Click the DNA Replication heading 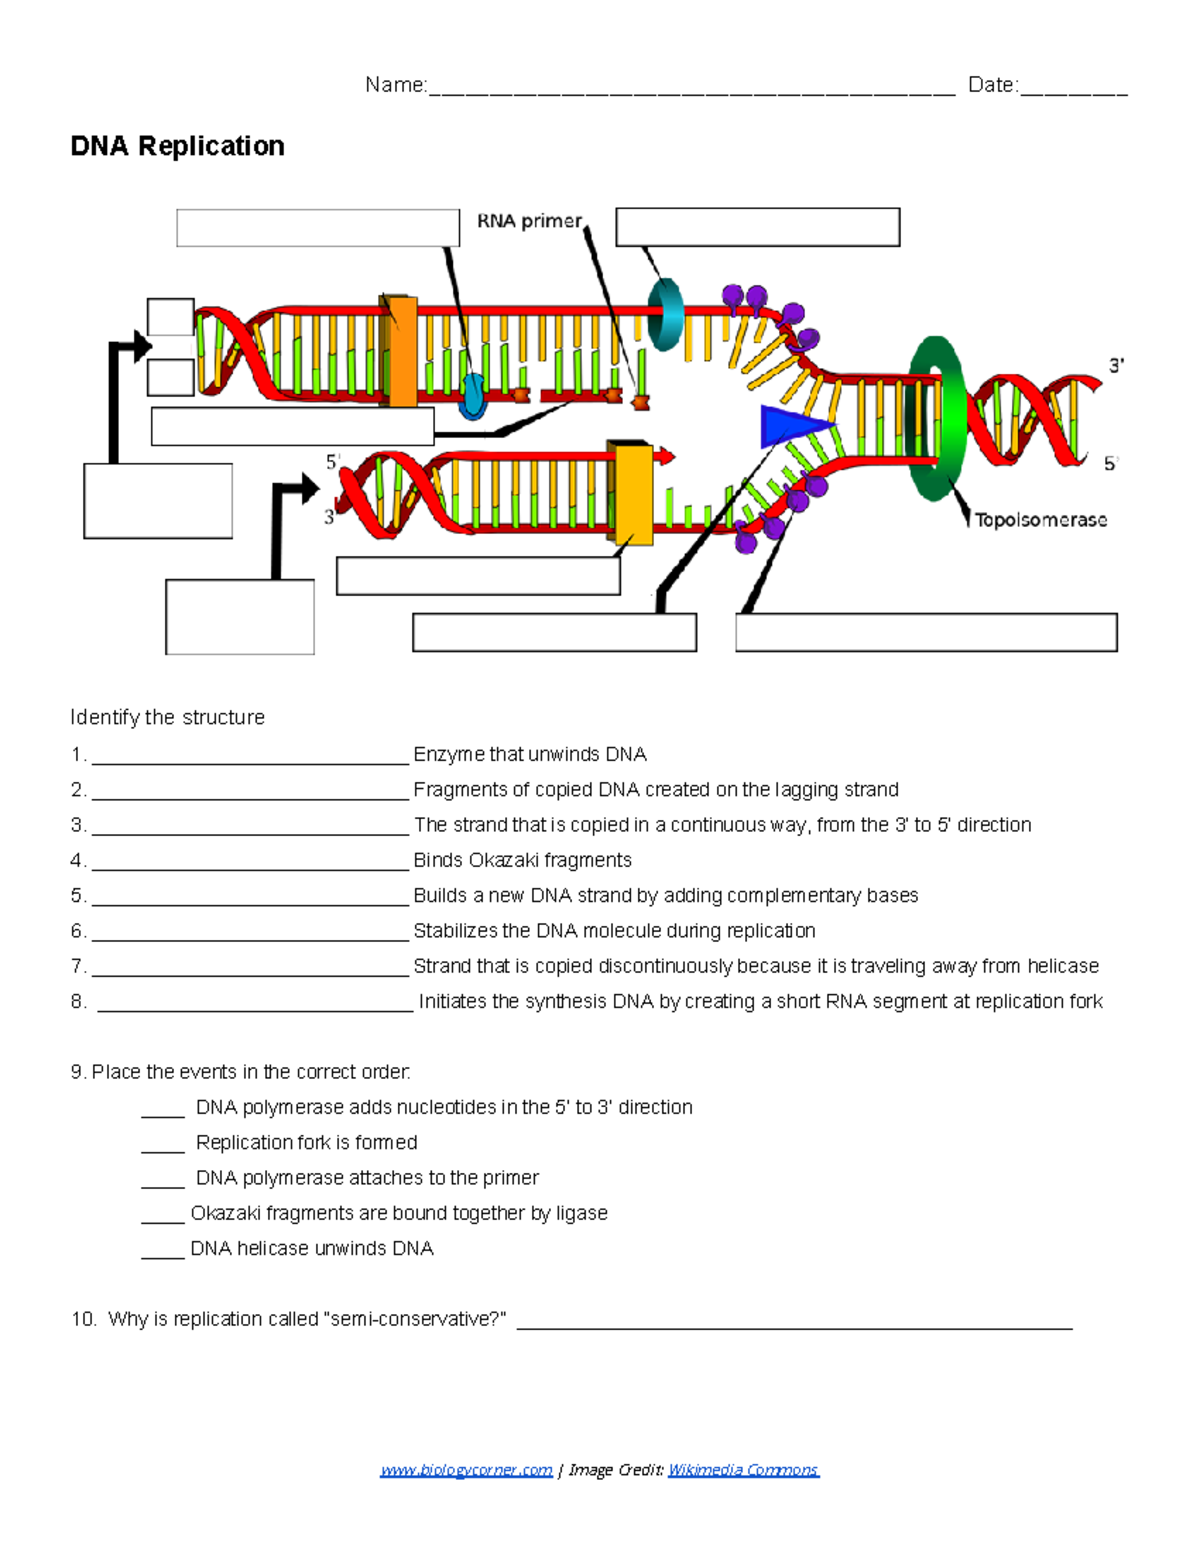[x=177, y=146]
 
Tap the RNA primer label [x=529, y=221]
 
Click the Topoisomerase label [x=1041, y=520]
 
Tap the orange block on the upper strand [x=401, y=350]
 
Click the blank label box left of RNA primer [x=317, y=228]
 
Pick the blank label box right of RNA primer [x=757, y=227]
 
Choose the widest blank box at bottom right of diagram [x=926, y=633]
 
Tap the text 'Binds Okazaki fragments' [x=522, y=860]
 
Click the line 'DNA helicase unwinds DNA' [x=311, y=1248]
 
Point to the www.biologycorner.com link [x=466, y=1469]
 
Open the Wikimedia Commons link [x=743, y=1469]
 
